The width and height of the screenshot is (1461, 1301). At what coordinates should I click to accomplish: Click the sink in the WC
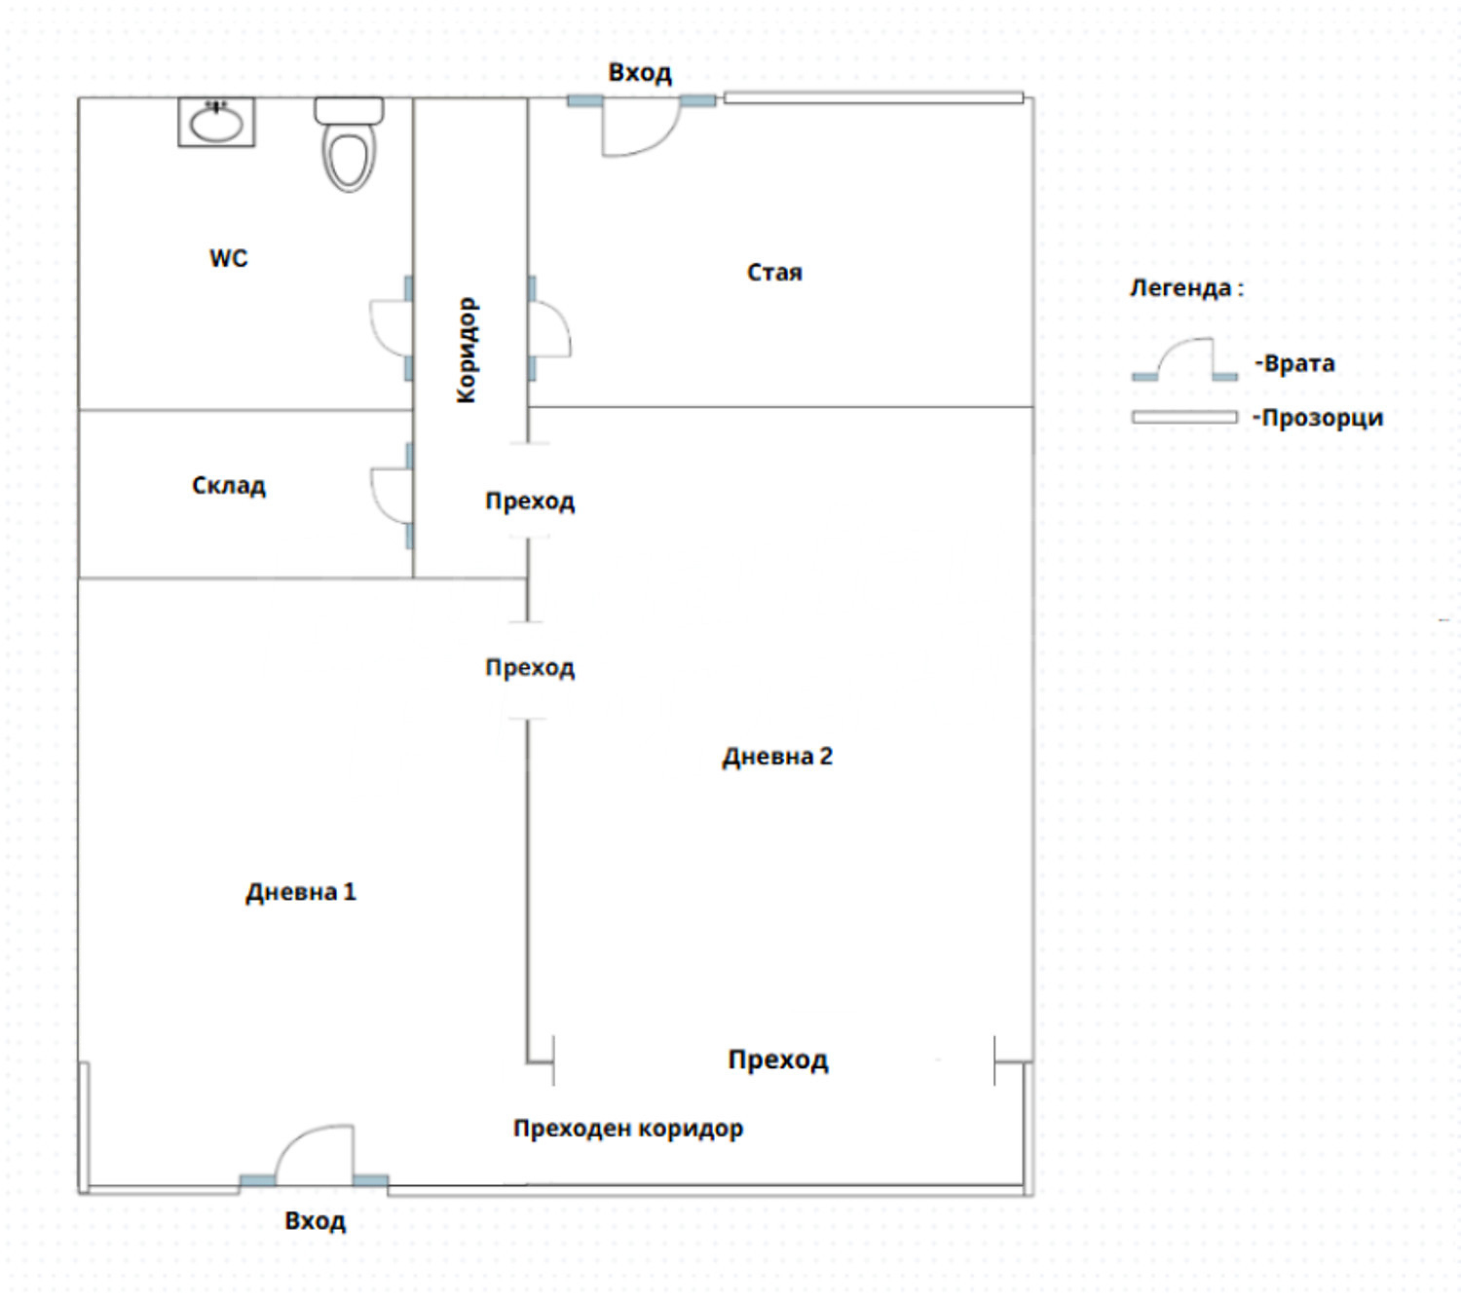point(216,122)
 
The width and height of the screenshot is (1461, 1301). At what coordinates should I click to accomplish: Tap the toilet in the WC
point(349,144)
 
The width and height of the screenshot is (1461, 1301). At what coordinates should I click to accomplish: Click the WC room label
point(229,258)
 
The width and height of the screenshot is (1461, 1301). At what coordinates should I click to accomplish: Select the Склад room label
point(229,485)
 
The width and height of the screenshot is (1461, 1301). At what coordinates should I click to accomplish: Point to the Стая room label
point(774,273)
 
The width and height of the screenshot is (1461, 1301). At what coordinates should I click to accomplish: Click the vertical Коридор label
point(468,350)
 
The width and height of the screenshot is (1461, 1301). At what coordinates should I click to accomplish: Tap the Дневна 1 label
point(301,892)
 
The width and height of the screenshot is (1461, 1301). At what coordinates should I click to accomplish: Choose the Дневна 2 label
point(777,757)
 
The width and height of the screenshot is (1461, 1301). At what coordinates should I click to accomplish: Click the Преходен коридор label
point(628,1129)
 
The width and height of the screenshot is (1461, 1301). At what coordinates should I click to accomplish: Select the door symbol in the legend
point(1184,359)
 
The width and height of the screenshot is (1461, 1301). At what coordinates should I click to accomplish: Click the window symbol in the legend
point(1184,418)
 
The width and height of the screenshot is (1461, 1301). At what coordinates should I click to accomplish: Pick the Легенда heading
point(1186,288)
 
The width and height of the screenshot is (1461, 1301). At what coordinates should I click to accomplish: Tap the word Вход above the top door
point(640,73)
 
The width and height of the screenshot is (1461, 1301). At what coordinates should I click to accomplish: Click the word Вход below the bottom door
point(316,1221)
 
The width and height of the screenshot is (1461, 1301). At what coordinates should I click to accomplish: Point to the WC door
point(391,328)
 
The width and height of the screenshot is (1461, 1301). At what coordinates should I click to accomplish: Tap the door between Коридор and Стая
point(548,328)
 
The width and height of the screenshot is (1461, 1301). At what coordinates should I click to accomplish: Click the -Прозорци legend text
point(1318,419)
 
